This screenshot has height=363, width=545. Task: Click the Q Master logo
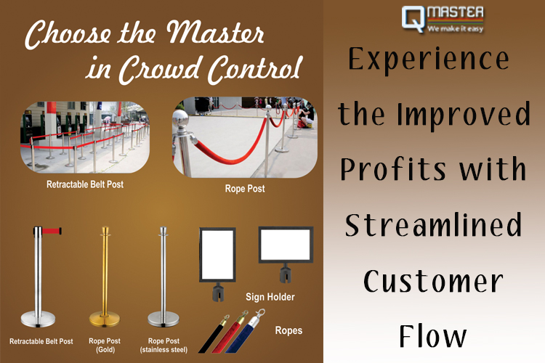[443, 20]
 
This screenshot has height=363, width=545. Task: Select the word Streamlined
[433, 225]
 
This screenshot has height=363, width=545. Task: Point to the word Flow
[432, 335]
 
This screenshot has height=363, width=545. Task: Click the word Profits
[392, 168]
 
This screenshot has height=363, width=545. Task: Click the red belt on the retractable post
[52, 231]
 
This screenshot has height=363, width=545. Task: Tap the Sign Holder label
[270, 297]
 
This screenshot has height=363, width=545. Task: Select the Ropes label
[288, 330]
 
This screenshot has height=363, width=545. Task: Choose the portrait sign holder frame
[217, 255]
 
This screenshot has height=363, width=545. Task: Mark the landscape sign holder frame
[286, 245]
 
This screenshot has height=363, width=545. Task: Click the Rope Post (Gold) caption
[105, 346]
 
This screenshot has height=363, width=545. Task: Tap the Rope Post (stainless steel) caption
[163, 346]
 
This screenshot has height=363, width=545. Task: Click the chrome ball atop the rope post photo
[180, 121]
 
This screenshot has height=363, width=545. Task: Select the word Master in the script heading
[215, 33]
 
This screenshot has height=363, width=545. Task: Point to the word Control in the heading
[255, 69]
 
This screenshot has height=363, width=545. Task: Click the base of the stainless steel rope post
[163, 319]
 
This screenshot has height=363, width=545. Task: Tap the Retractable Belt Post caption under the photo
[85, 184]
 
